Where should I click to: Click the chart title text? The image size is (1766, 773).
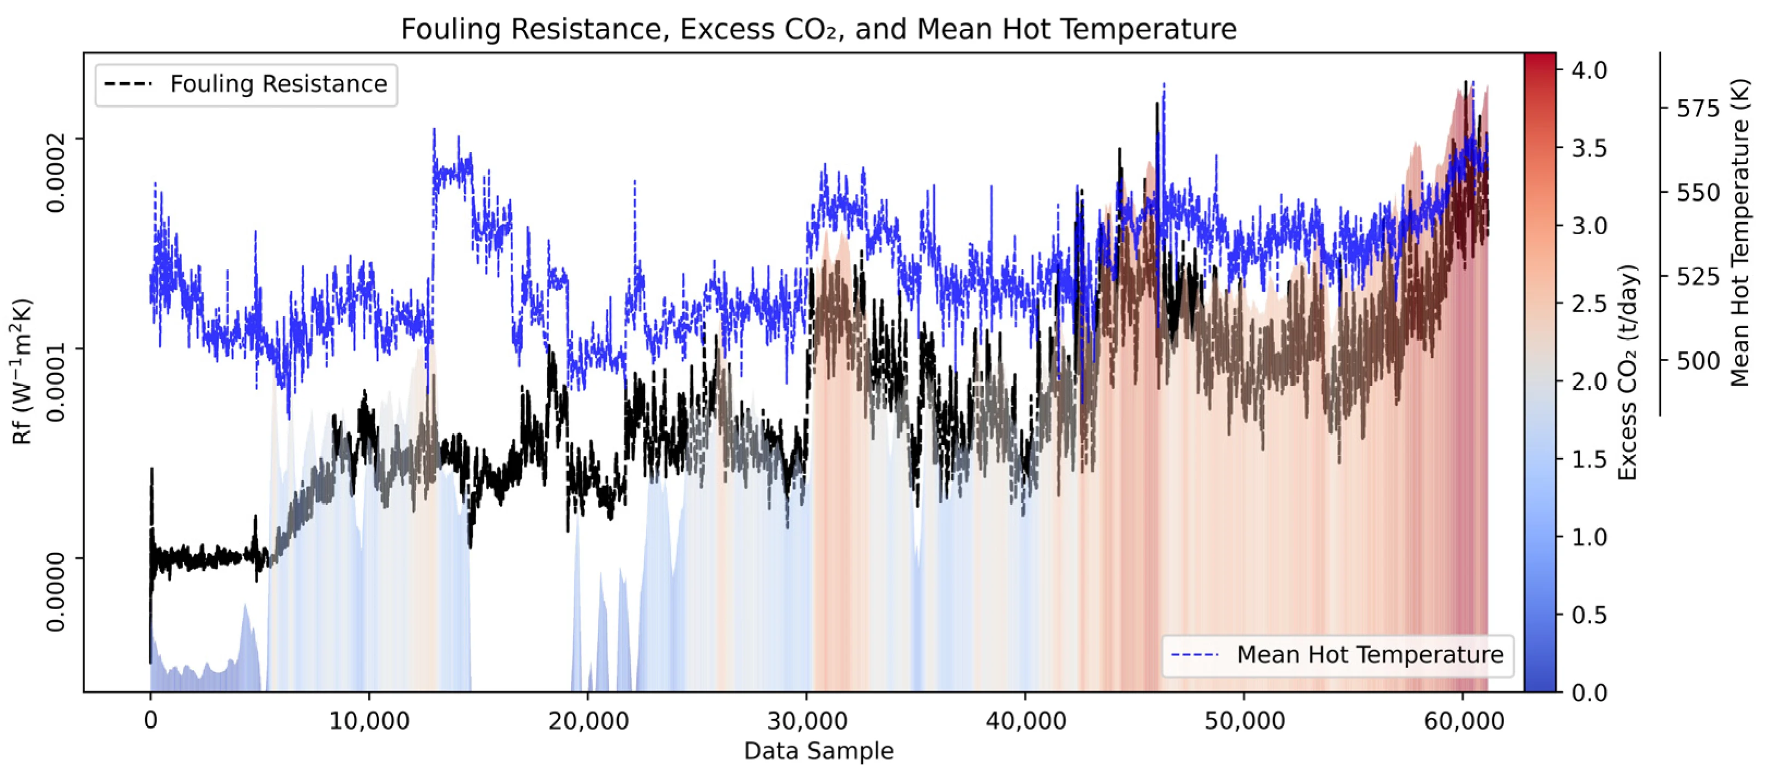(x=819, y=29)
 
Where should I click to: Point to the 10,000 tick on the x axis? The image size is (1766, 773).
(x=369, y=721)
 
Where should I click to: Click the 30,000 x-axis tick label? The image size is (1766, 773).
(x=806, y=721)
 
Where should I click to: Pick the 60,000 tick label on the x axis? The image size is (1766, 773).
(x=1463, y=721)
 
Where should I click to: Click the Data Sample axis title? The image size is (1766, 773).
(x=819, y=751)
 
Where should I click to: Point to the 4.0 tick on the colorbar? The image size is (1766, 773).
(x=1589, y=70)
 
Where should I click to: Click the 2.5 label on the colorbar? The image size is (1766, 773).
(x=1589, y=303)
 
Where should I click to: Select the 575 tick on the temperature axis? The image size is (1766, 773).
(x=1698, y=108)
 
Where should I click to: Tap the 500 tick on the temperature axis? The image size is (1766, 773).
(x=1698, y=361)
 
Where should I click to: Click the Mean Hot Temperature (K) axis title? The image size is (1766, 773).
(x=1740, y=233)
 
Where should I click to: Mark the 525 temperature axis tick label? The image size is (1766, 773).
(x=1698, y=277)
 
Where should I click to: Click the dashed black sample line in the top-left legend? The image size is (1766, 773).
(x=127, y=84)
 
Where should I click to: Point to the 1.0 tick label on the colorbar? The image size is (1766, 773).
(x=1589, y=537)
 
